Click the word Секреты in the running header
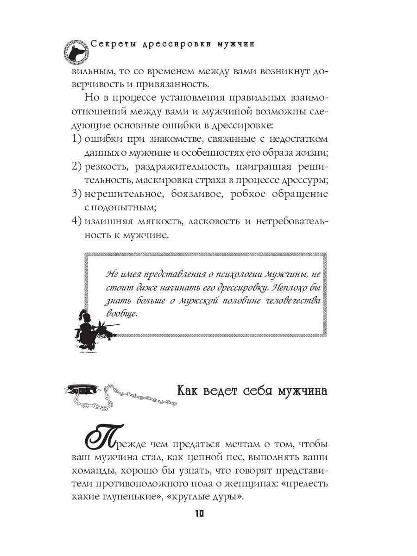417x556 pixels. click(111, 44)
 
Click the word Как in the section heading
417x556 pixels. click(190, 390)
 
